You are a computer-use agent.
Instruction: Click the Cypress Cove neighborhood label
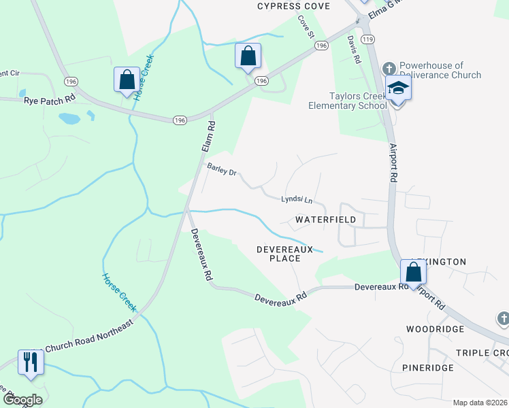293,6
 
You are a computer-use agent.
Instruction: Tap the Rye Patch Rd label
50,100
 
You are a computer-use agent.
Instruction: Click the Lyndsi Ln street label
297,200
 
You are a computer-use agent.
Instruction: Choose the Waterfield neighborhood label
325,220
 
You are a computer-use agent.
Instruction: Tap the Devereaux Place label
284,254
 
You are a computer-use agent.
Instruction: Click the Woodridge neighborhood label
435,329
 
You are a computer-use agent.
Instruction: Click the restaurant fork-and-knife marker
30,361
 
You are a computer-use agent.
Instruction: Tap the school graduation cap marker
397,88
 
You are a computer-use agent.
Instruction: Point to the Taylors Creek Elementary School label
347,101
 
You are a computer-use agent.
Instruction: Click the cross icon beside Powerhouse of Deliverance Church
389,68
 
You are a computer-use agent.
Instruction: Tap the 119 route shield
368,40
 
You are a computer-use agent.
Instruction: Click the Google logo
22,399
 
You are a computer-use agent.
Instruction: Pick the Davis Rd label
353,50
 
